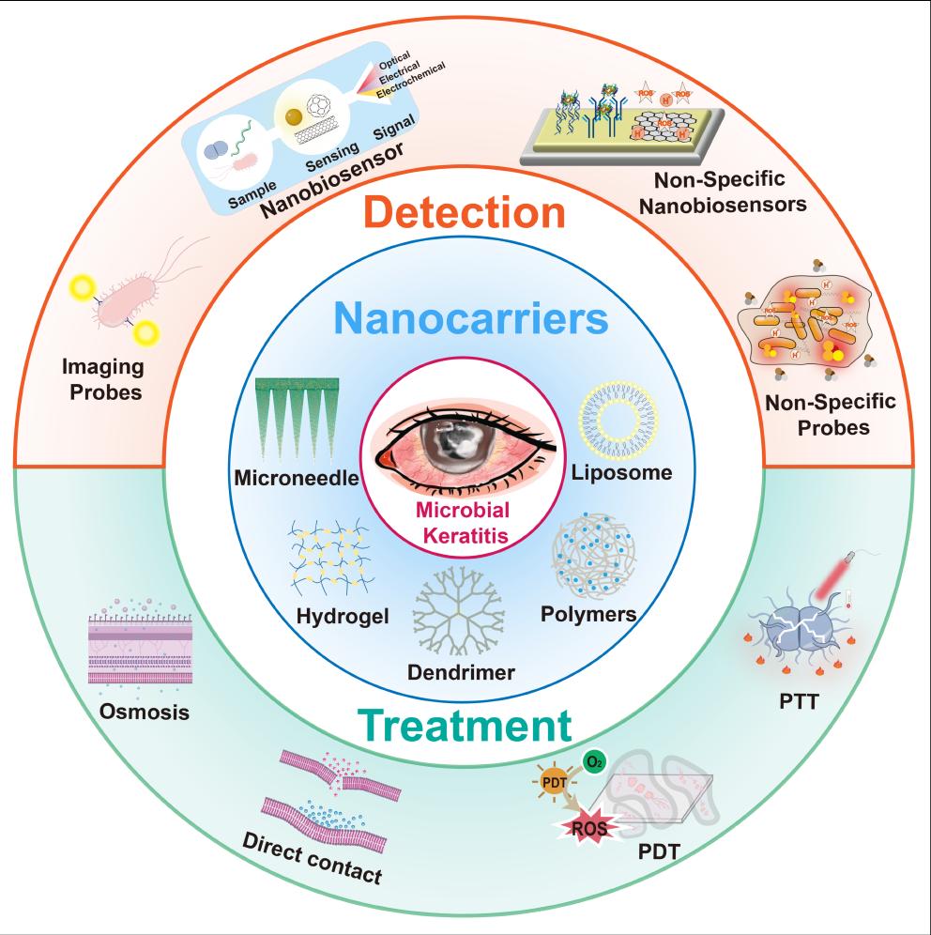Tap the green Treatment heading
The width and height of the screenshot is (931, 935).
[464, 726]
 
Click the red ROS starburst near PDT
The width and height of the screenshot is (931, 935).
[587, 826]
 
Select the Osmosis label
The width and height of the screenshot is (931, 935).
[145, 711]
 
